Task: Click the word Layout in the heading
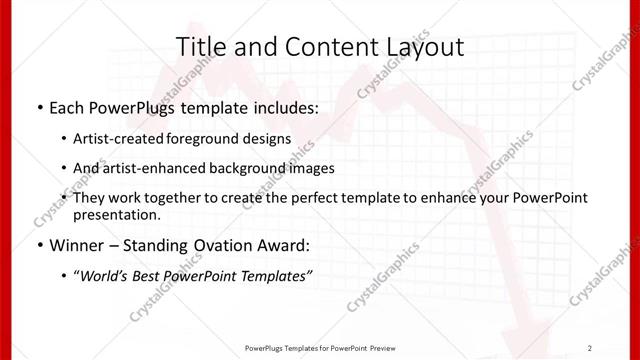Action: pos(424,46)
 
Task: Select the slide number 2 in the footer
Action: pos(591,347)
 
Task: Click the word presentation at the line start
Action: pos(115,214)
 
